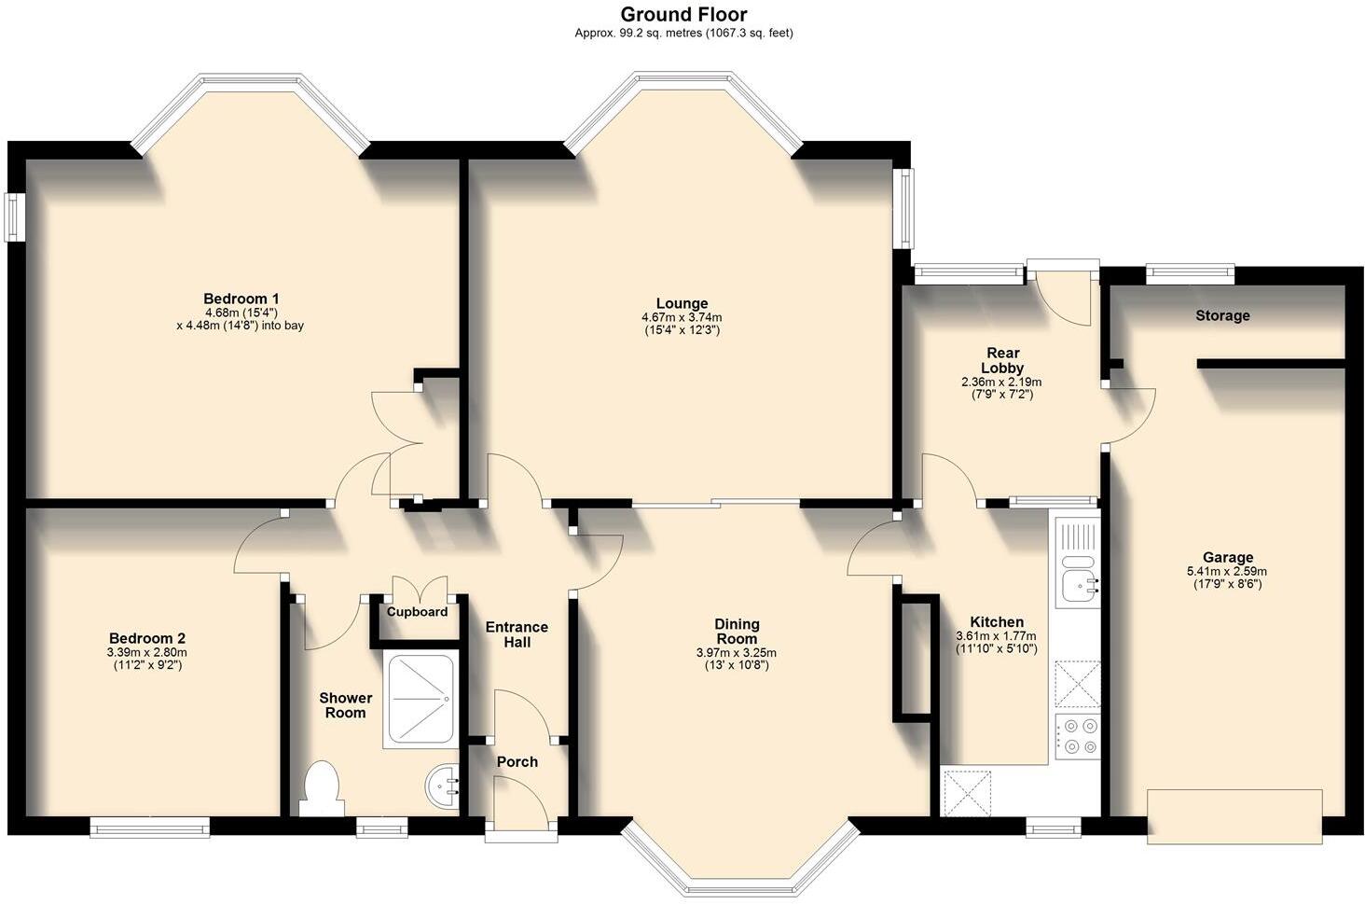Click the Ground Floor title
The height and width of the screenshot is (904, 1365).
click(683, 14)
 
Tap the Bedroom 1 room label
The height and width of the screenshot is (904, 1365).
click(241, 299)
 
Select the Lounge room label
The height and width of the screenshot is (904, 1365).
click(682, 303)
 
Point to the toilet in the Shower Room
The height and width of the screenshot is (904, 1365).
click(322, 788)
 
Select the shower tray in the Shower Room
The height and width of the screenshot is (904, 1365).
click(420, 702)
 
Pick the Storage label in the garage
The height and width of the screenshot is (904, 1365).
click(1222, 315)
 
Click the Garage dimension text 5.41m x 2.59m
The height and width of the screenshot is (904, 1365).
click(1226, 571)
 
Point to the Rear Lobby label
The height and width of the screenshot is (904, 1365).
click(1001, 360)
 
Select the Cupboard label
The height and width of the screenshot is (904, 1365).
click(417, 612)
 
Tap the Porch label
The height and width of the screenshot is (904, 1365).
click(517, 761)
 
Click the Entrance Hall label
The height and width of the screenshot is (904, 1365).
click(517, 634)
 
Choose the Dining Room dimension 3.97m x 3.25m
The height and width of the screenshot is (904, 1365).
click(737, 652)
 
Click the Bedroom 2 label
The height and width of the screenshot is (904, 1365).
click(146, 638)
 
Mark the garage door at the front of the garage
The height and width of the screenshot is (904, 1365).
click(1234, 817)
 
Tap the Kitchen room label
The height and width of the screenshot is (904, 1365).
click(996, 622)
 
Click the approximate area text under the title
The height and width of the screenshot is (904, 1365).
click(683, 33)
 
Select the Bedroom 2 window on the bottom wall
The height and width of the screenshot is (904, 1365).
click(149, 826)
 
